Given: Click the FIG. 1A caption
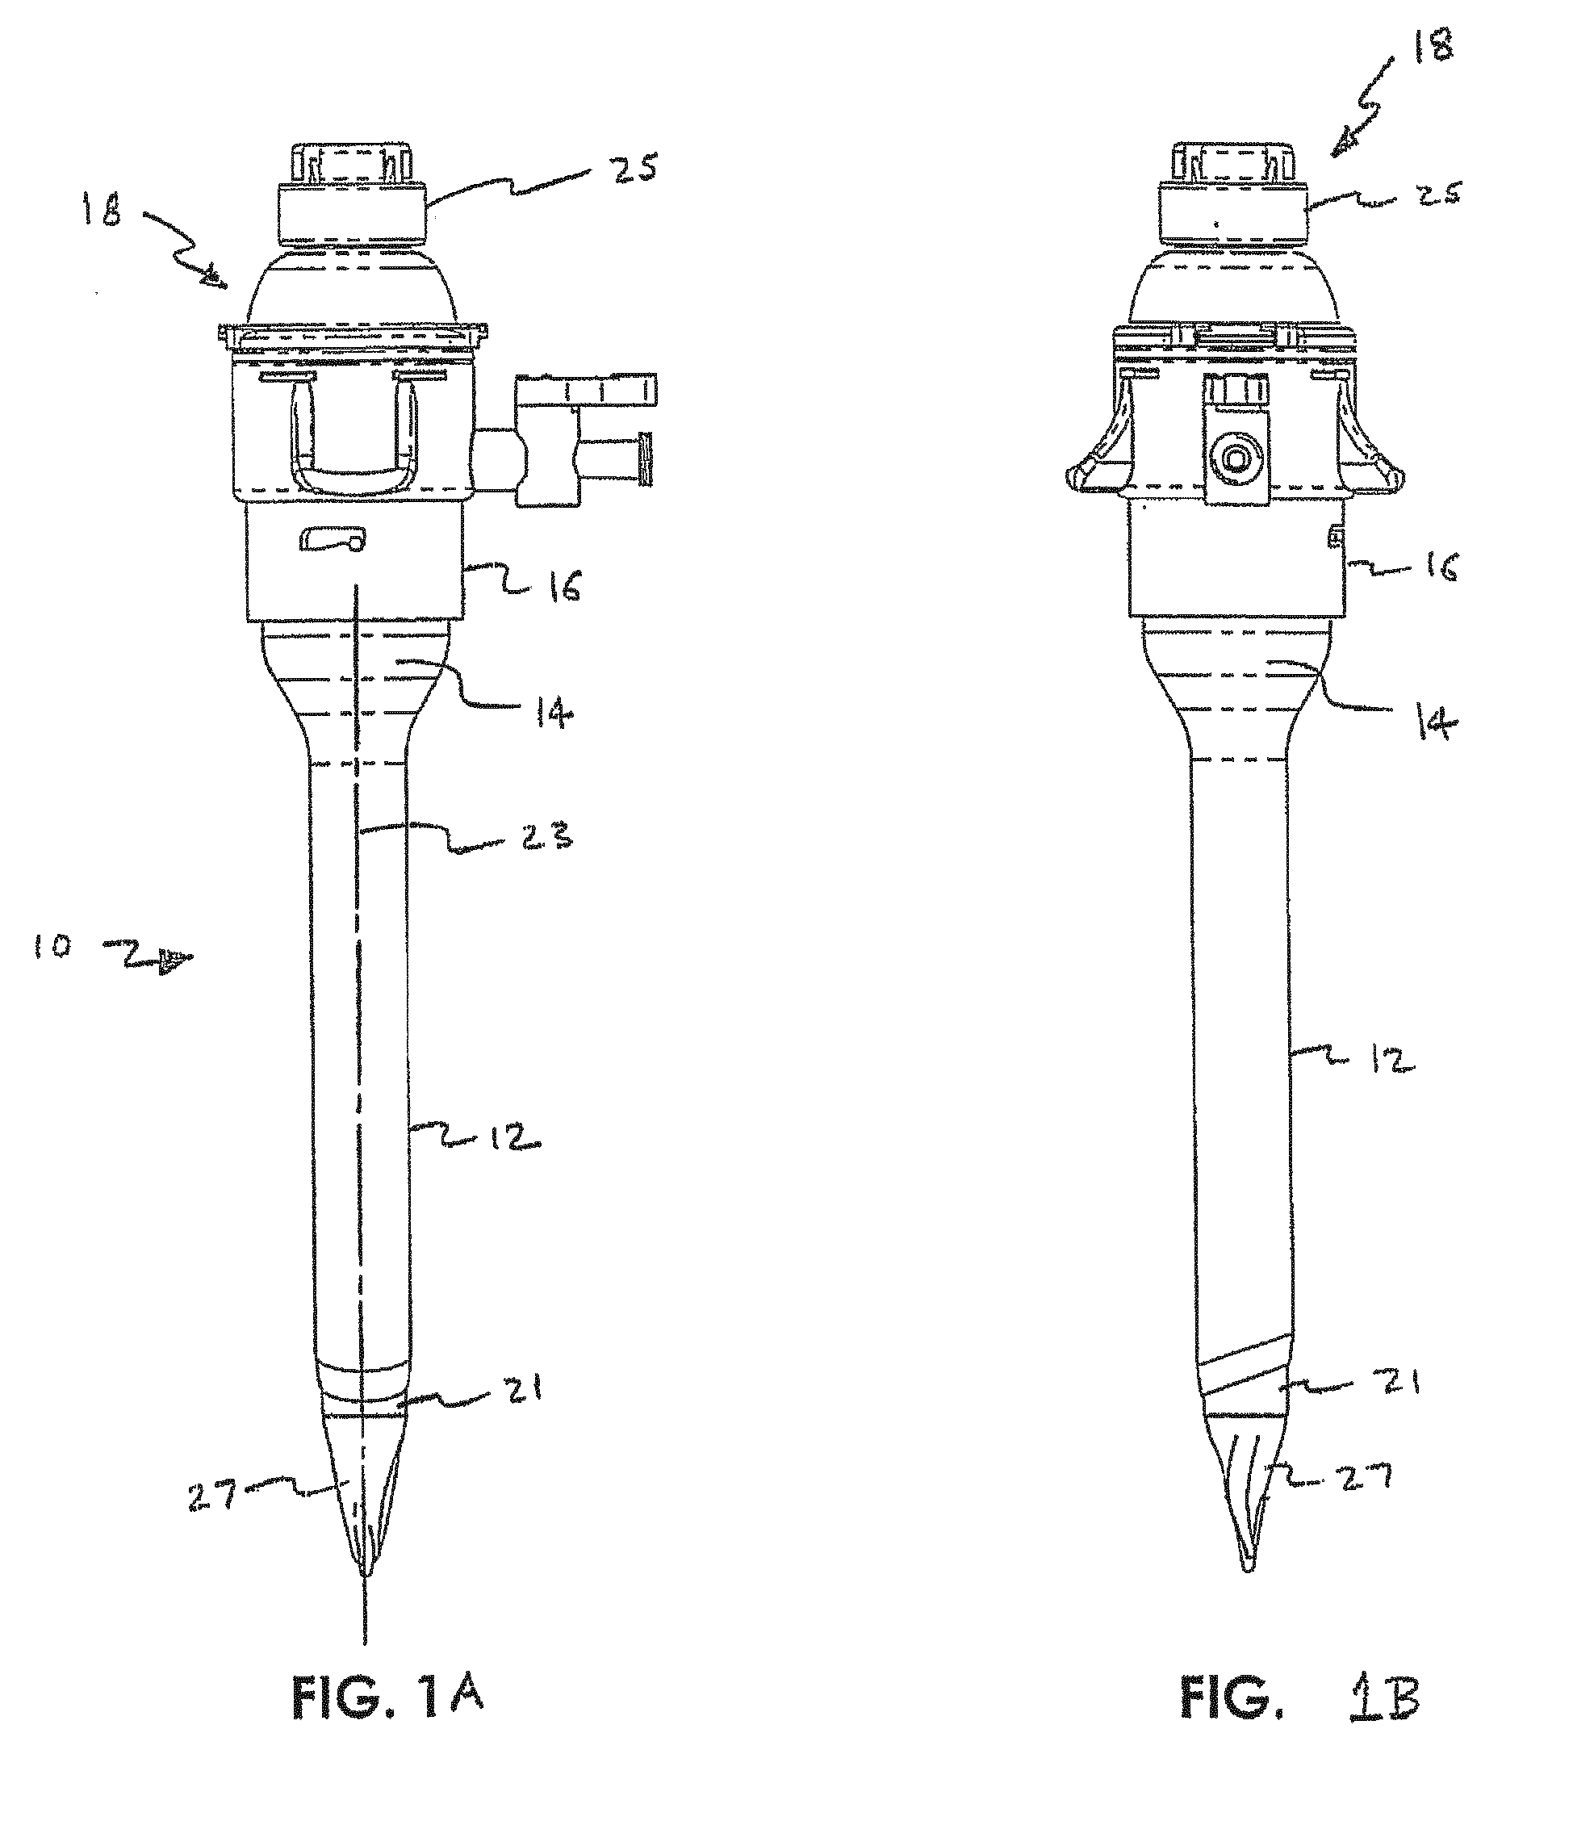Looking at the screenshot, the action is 387,1723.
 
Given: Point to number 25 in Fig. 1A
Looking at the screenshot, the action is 634,167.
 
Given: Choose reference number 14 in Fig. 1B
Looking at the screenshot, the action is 1437,723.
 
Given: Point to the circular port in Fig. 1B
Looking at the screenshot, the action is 1237,459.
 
